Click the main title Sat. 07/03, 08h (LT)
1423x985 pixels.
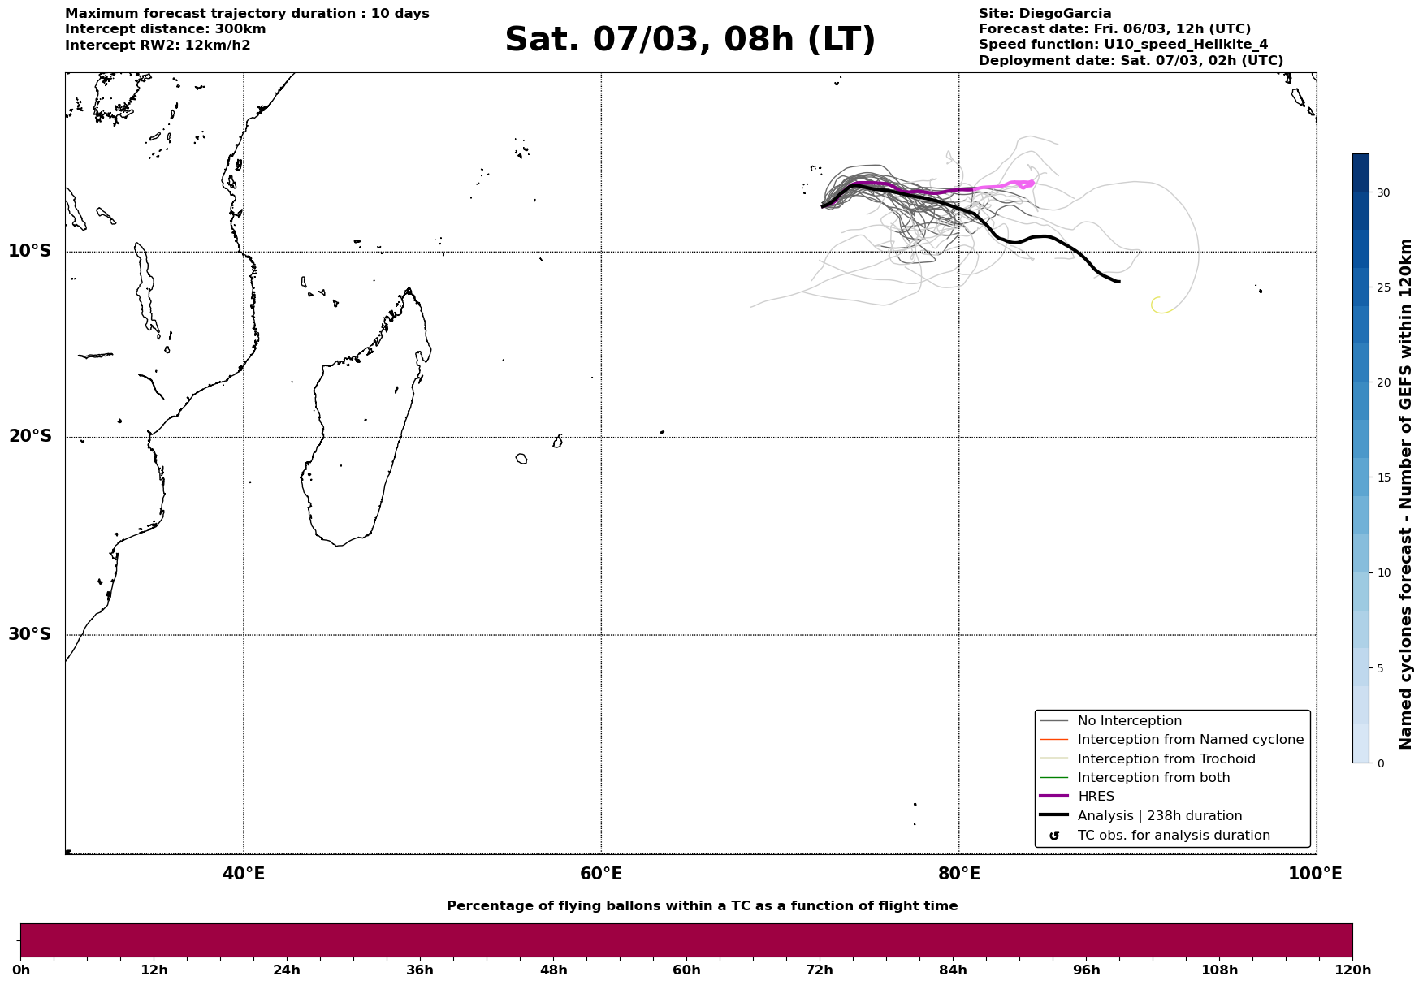point(690,40)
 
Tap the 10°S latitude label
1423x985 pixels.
point(30,251)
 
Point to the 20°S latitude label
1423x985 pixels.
point(30,437)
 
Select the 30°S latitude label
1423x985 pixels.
point(30,634)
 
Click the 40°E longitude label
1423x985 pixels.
point(244,874)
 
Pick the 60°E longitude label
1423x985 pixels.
point(601,874)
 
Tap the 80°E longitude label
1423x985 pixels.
point(959,874)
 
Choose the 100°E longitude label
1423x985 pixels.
point(1315,874)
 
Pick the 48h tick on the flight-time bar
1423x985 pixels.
point(553,970)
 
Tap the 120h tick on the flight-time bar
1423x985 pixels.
point(1352,970)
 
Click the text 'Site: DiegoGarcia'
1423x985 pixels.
point(1045,14)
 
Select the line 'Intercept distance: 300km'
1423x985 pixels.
point(166,29)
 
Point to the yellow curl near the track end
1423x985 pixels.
point(1162,305)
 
